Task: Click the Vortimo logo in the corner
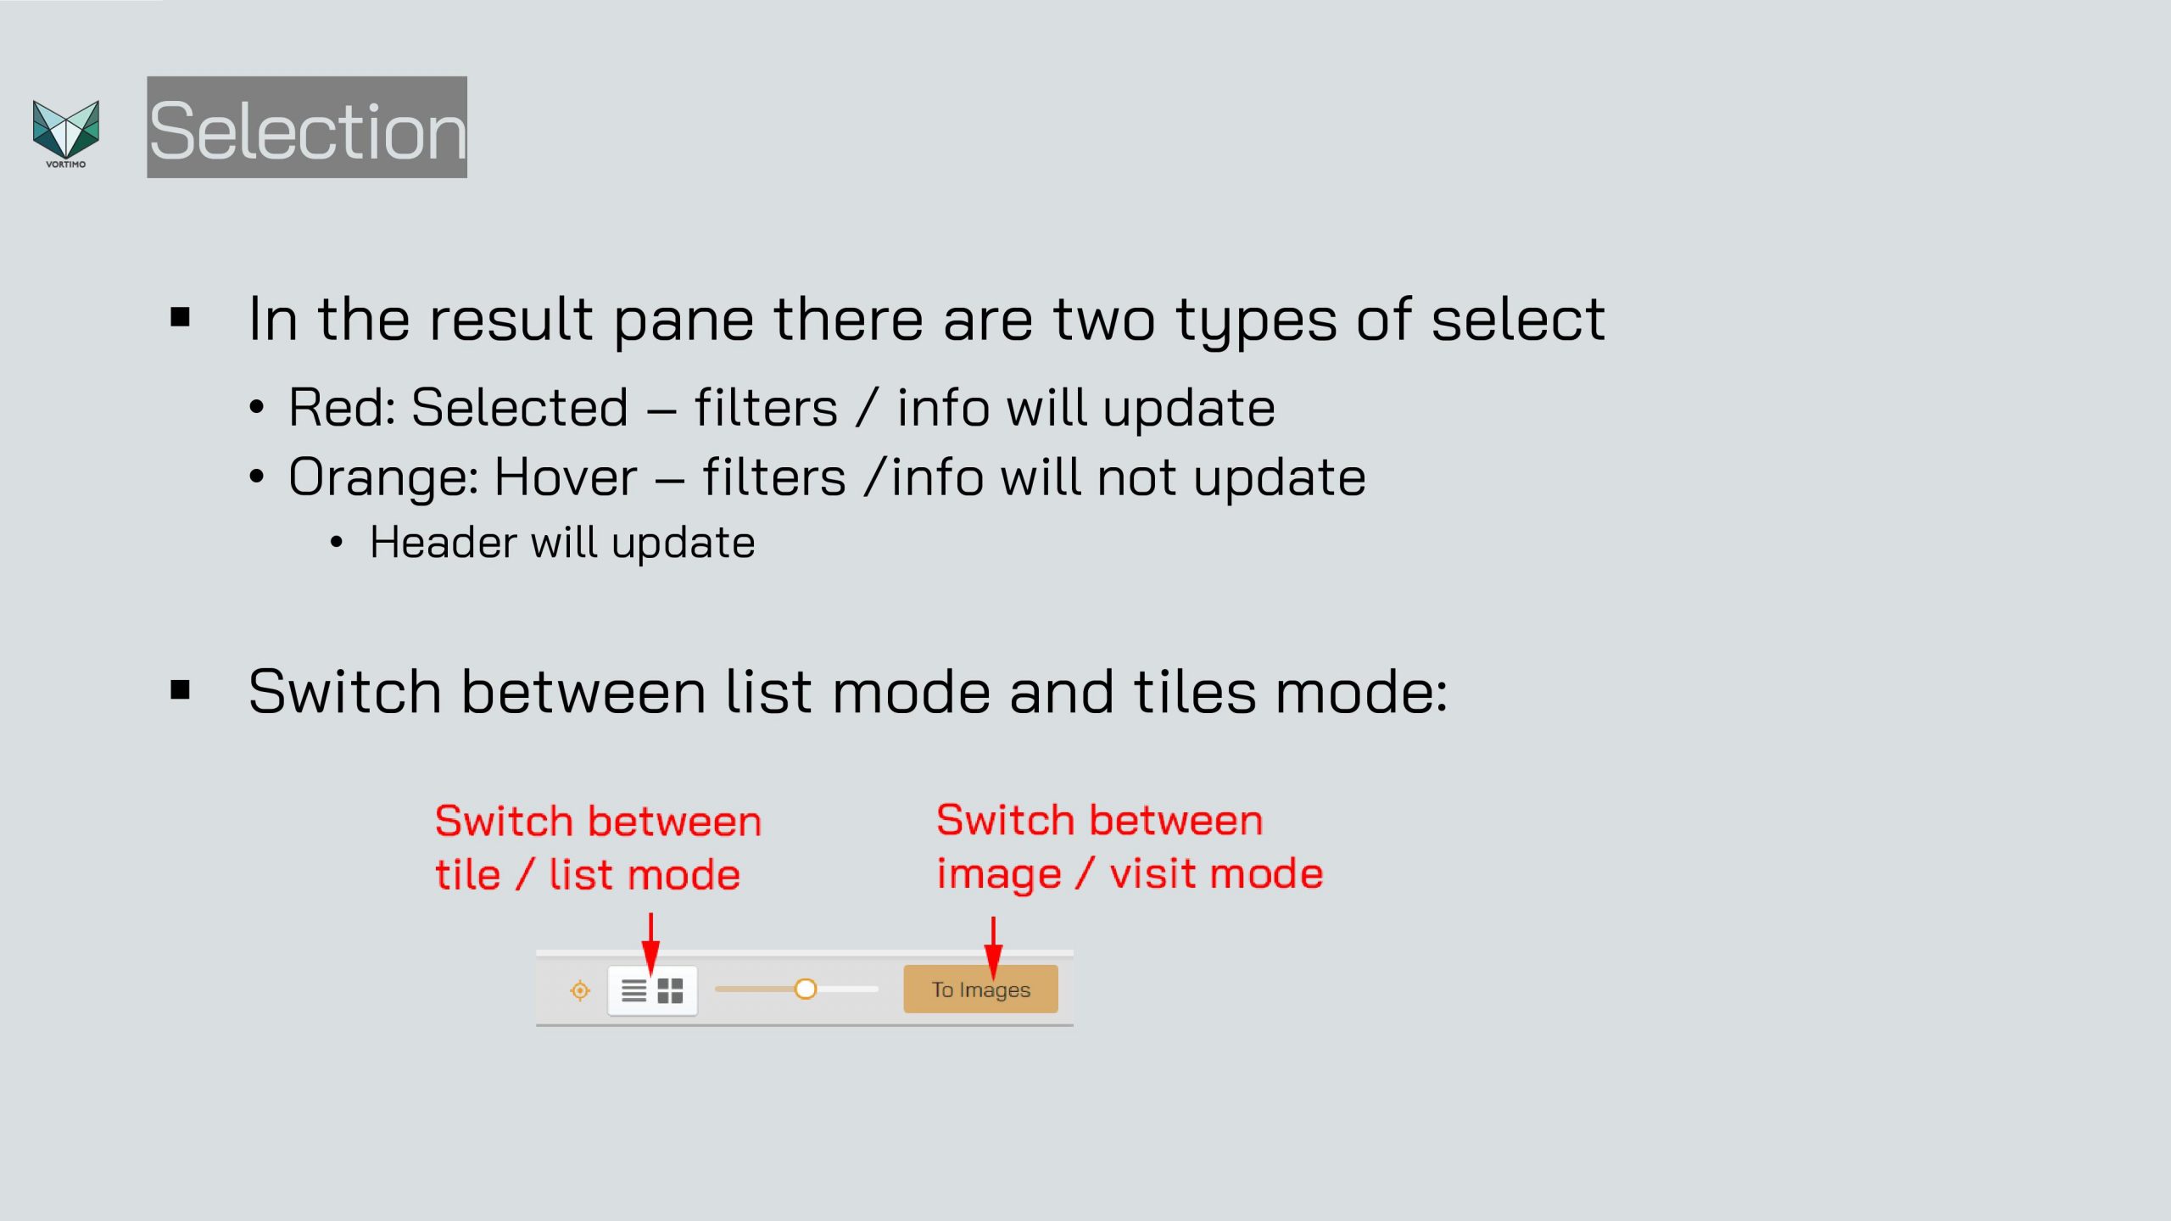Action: [x=65, y=133]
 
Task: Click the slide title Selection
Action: [x=307, y=129]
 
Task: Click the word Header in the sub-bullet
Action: [x=443, y=542]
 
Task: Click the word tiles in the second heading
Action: [x=1194, y=691]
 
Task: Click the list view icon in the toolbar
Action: [x=633, y=990]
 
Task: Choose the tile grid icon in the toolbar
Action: [x=670, y=990]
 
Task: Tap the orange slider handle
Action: [x=805, y=989]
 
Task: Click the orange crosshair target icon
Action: [x=580, y=990]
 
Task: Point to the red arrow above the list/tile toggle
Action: [x=650, y=944]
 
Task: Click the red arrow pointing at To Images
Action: [x=993, y=947]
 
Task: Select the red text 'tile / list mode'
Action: [x=588, y=875]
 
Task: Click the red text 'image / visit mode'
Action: [x=1130, y=874]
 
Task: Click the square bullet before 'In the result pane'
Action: [x=180, y=317]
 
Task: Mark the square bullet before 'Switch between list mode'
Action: [x=180, y=689]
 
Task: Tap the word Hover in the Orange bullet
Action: [x=566, y=477]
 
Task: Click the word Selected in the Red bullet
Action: [x=520, y=407]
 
